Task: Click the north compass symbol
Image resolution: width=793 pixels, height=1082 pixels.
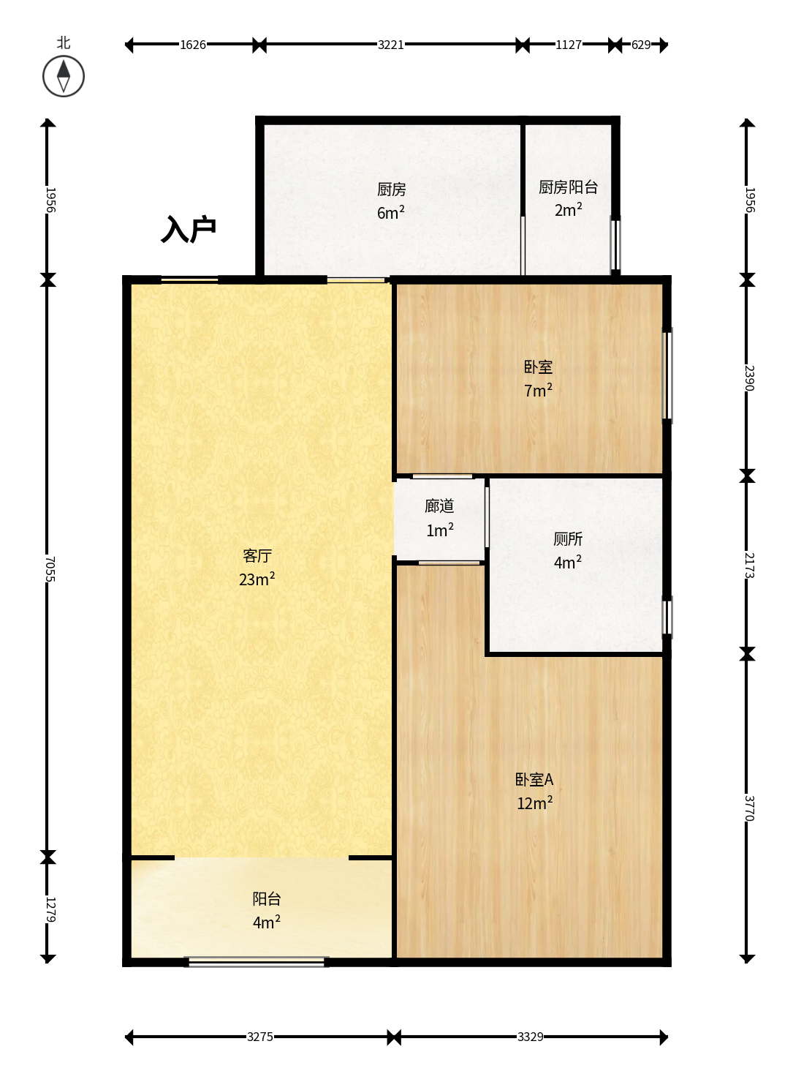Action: (x=64, y=76)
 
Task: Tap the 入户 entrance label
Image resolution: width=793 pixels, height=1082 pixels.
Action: (x=189, y=229)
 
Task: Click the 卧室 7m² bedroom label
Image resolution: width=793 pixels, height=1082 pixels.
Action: (x=538, y=378)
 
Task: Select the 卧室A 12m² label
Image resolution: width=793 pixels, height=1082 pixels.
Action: (x=534, y=791)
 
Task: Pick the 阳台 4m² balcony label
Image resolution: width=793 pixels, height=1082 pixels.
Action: (x=267, y=910)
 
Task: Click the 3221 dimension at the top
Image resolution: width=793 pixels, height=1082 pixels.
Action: (x=390, y=45)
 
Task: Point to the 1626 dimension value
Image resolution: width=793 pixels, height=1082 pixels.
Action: (x=192, y=45)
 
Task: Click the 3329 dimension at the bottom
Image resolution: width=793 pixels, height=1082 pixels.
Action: (x=530, y=1037)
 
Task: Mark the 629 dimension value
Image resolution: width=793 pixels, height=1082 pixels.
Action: (x=641, y=45)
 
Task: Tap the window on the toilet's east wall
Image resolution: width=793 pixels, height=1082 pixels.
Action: (x=667, y=617)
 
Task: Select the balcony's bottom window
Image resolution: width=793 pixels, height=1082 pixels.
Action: (x=256, y=962)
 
